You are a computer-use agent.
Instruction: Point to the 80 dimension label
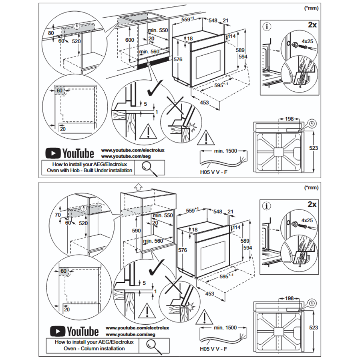pyautogui.click(x=51, y=33)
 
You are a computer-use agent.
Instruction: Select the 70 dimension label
pyautogui.click(x=58, y=215)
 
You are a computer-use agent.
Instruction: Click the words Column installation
pyautogui.click(x=106, y=348)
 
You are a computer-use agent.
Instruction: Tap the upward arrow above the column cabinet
pyautogui.click(x=138, y=186)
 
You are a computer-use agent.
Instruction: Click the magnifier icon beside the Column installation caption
pyautogui.click(x=152, y=345)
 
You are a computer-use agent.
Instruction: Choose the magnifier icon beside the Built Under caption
pyautogui.click(x=149, y=167)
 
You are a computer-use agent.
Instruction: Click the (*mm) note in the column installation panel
pyautogui.click(x=311, y=187)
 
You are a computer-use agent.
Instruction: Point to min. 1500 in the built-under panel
pyautogui.click(x=225, y=151)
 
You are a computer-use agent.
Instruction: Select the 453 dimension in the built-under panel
pyautogui.click(x=205, y=103)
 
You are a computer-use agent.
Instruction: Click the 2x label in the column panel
pyautogui.click(x=312, y=204)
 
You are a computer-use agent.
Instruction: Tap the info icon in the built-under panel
pyautogui.click(x=267, y=27)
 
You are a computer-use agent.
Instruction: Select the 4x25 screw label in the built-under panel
pyautogui.click(x=308, y=41)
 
